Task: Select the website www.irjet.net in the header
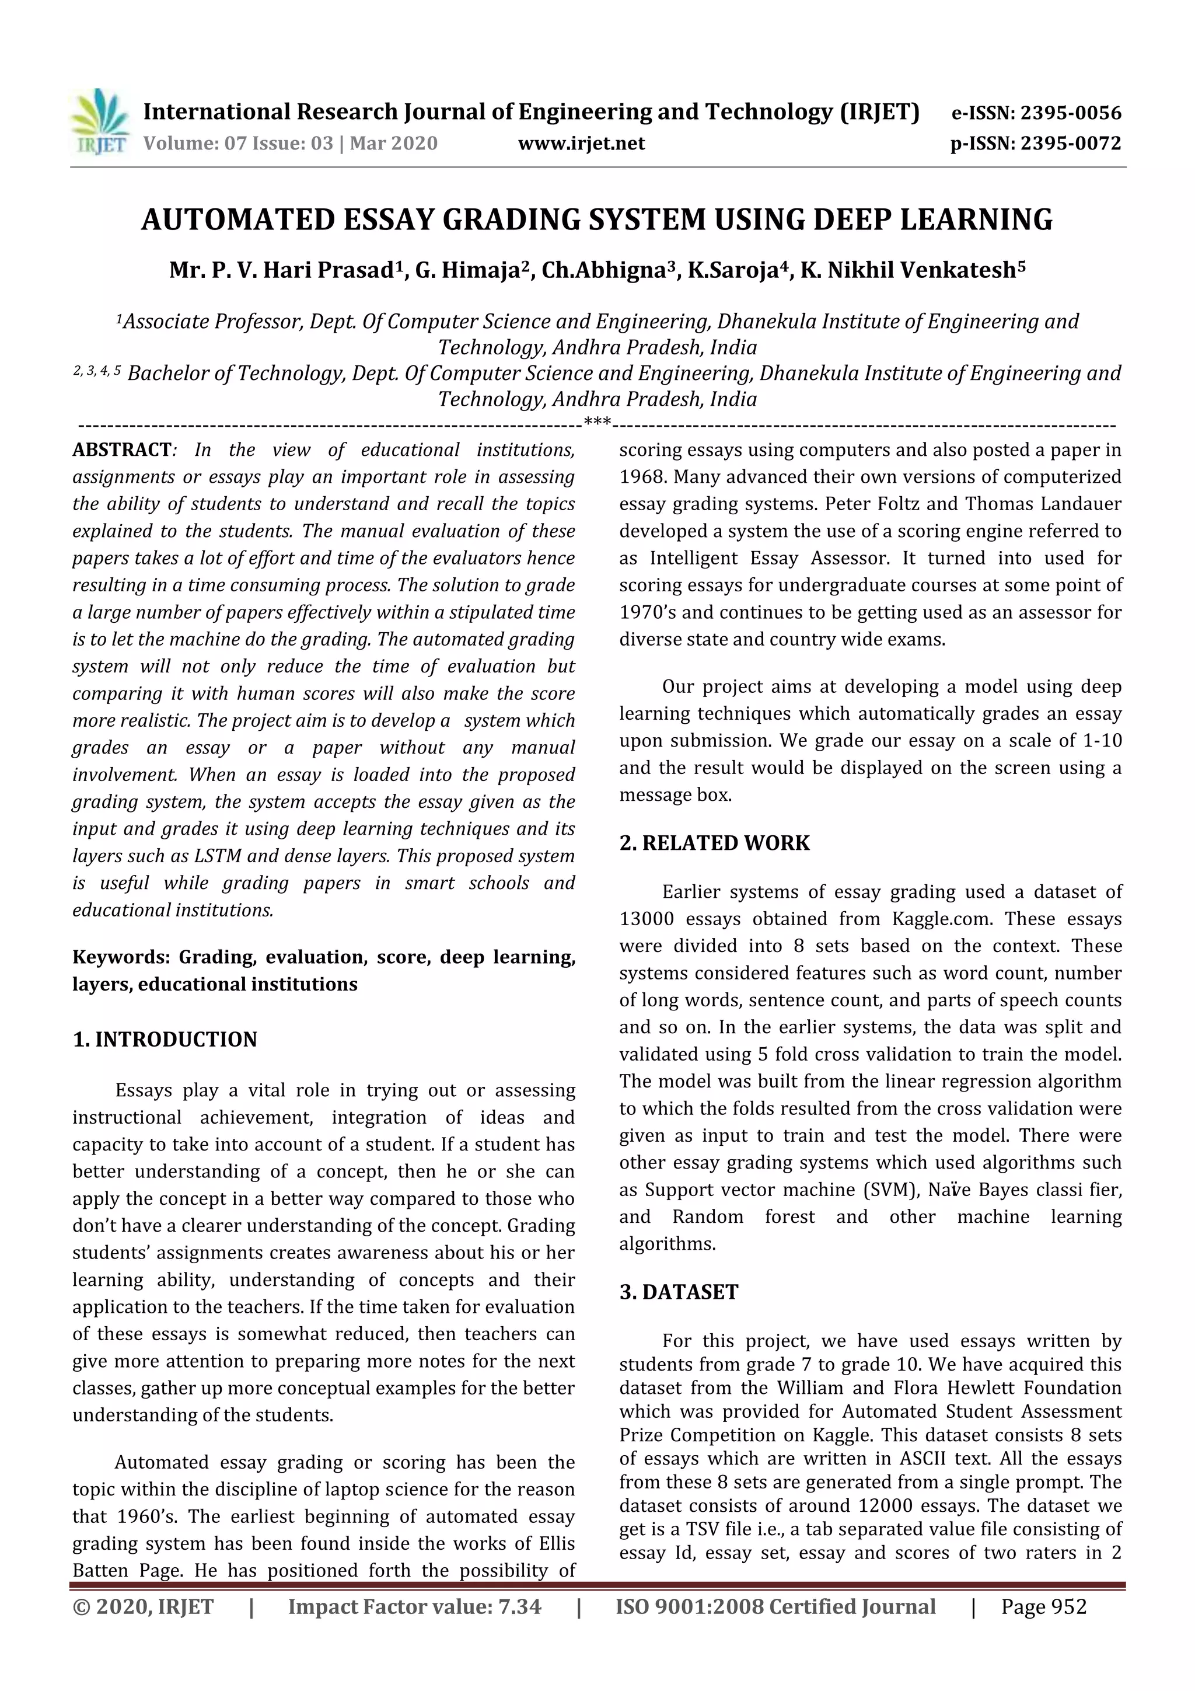coord(581,144)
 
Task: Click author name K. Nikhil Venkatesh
coord(911,271)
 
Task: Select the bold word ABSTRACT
coord(121,450)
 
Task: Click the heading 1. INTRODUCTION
coord(165,1039)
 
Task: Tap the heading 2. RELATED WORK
coord(714,842)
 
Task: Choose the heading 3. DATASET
coord(678,1292)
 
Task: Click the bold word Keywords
coord(121,957)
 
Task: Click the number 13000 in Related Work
coord(643,919)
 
